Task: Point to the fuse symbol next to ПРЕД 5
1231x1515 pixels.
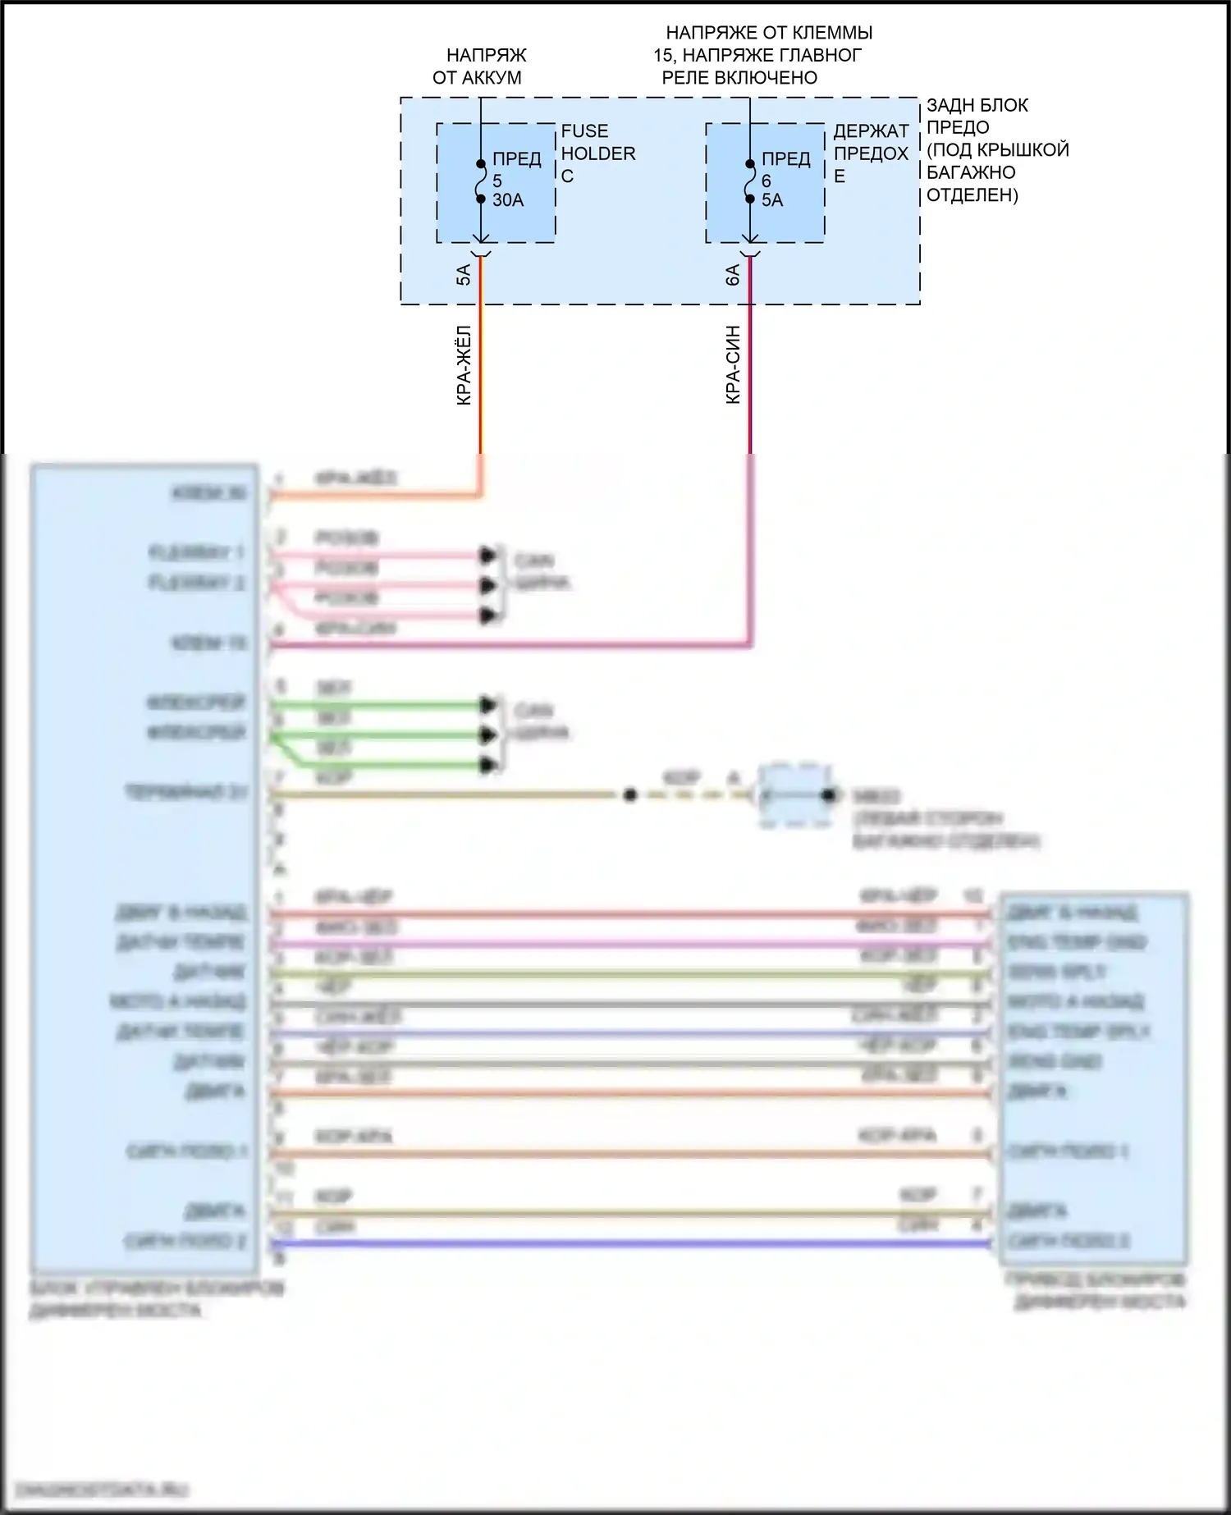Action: [481, 181]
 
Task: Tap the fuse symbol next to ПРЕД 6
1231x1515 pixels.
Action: [750, 181]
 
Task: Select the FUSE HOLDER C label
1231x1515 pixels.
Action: [597, 153]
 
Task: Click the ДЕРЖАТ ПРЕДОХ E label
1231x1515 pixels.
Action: [871, 153]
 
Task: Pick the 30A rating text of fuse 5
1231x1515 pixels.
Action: [508, 200]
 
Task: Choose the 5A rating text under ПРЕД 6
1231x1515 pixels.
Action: [772, 200]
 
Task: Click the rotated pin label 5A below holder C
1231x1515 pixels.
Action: [464, 275]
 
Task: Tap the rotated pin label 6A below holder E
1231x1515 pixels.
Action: [733, 275]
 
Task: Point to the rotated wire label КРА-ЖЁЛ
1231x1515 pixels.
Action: [464, 364]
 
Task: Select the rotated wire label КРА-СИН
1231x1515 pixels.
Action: [733, 364]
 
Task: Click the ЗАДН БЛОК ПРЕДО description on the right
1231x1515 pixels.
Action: [997, 150]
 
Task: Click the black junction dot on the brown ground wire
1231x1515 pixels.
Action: [630, 795]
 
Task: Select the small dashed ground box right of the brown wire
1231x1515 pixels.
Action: [795, 795]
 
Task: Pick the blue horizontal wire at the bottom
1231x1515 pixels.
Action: [632, 1244]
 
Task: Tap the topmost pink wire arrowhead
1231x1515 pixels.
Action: [489, 556]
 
